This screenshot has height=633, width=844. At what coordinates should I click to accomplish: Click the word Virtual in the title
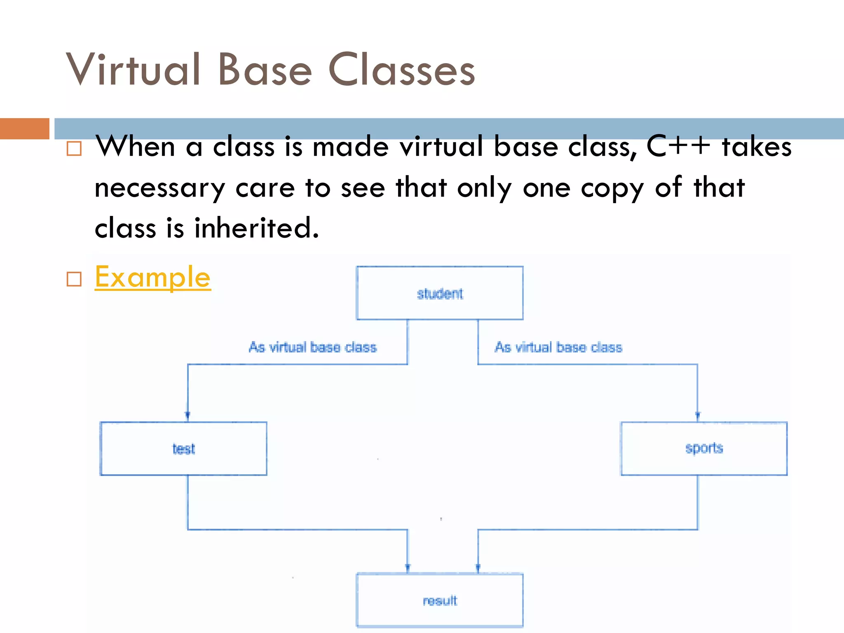pos(133,70)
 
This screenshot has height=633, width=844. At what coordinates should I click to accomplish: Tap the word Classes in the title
pos(402,70)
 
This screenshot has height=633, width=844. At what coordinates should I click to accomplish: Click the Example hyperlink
pos(152,277)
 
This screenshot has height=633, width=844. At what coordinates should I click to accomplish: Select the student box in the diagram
pos(440,293)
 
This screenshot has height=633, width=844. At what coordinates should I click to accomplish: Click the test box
pos(183,448)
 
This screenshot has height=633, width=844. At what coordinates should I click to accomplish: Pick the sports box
pos(704,448)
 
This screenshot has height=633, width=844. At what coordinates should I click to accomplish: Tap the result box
pos(440,600)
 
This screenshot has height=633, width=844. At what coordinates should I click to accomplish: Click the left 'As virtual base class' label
pos(312,347)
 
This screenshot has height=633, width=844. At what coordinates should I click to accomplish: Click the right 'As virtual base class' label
pos(558,347)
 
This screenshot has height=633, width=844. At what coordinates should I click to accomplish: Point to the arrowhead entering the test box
pos(188,415)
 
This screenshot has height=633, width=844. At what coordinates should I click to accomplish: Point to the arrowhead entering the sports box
pos(698,415)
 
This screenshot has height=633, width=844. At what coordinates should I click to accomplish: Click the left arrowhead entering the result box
pos(408,567)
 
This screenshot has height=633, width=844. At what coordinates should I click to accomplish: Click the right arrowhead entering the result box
pos(478,567)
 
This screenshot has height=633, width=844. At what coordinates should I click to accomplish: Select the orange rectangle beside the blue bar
pos(24,129)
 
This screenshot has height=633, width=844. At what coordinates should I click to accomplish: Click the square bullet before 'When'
pos(74,148)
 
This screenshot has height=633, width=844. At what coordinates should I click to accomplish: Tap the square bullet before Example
pos(74,279)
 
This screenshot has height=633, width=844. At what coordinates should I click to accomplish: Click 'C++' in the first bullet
pos(679,146)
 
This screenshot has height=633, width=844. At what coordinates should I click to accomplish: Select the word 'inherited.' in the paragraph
pos(256,228)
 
